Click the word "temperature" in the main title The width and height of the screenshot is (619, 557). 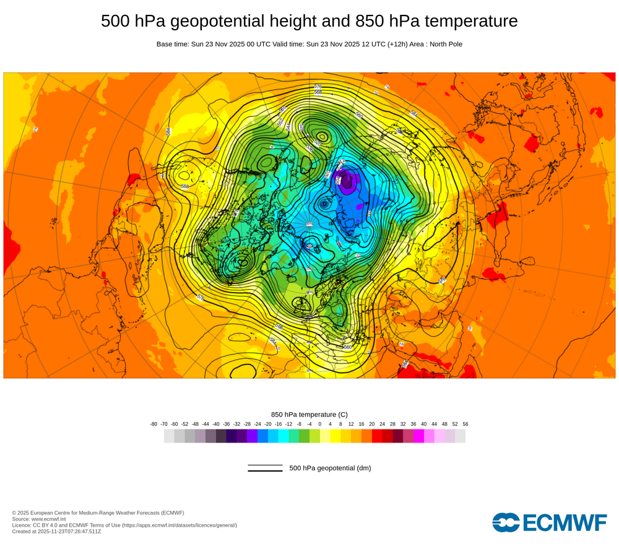tap(469, 22)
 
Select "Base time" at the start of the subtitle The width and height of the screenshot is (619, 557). tap(171, 44)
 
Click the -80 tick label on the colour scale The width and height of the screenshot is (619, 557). tap(154, 424)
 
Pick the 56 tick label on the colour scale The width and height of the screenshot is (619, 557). tap(465, 424)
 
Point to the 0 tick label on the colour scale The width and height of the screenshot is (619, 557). tap(320, 424)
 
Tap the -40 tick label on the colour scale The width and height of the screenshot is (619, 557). tap(216, 424)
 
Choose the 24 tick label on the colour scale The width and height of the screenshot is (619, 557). tap(382, 424)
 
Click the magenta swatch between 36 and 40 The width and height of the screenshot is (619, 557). tap(418, 436)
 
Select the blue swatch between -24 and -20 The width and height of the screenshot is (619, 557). tap(262, 436)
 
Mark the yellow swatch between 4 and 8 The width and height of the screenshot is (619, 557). tap(335, 436)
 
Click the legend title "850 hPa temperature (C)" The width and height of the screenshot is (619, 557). tap(309, 414)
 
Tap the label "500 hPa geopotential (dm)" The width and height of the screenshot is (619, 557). tap(330, 468)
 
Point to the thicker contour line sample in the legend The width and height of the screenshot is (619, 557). tap(265, 471)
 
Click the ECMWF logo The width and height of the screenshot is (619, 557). tap(550, 522)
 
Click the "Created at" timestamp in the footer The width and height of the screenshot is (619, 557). tap(56, 531)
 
